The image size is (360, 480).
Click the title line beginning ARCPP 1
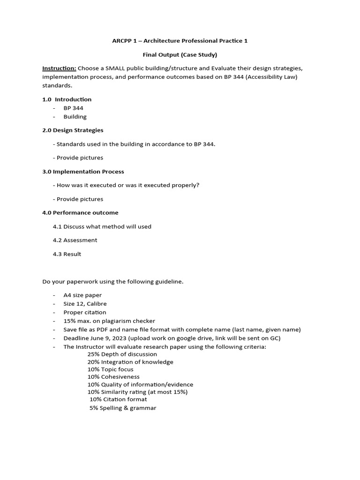coord(180,41)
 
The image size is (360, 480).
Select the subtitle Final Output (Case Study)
coord(180,54)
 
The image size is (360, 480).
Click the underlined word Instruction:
coord(59,68)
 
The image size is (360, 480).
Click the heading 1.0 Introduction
coord(67,99)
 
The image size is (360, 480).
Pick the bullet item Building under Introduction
coord(75,117)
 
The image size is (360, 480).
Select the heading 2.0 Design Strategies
coord(73,130)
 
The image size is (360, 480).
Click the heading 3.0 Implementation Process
coord(83,172)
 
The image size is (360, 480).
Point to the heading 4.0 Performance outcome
coord(80,213)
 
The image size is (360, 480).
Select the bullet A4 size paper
coord(82,295)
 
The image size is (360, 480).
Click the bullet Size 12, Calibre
coord(85,304)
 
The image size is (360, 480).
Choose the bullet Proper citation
coord(85,312)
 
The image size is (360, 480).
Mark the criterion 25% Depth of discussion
coord(122,354)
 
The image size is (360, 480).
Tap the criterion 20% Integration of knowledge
coord(130,362)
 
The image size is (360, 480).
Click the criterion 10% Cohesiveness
coord(113,377)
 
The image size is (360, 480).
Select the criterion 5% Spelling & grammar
coord(123,408)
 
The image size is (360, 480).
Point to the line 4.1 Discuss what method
coord(102,226)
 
